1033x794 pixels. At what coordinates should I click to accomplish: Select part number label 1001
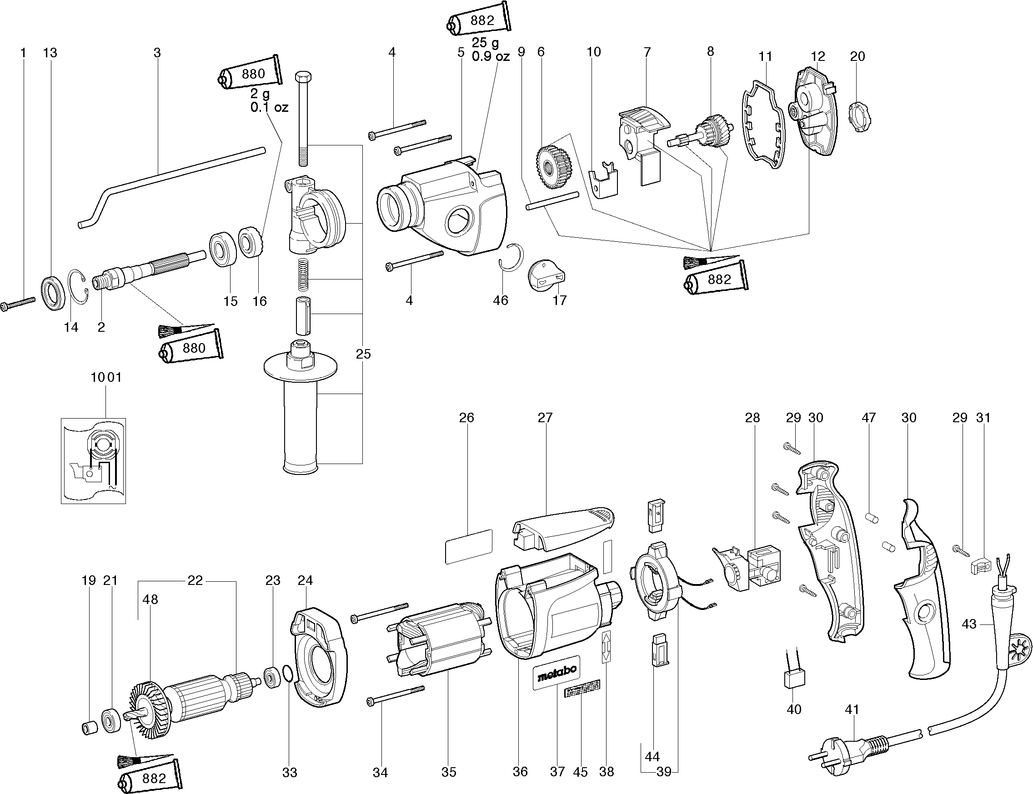pyautogui.click(x=106, y=377)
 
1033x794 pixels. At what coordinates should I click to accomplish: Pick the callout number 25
pyautogui.click(x=363, y=354)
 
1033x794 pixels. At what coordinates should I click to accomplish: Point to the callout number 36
pyautogui.click(x=520, y=772)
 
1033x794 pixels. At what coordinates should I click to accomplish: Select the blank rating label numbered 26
pyautogui.click(x=468, y=546)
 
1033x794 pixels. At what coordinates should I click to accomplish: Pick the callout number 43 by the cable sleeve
pyautogui.click(x=969, y=624)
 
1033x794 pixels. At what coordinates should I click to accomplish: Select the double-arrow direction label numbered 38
pyautogui.click(x=607, y=647)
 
